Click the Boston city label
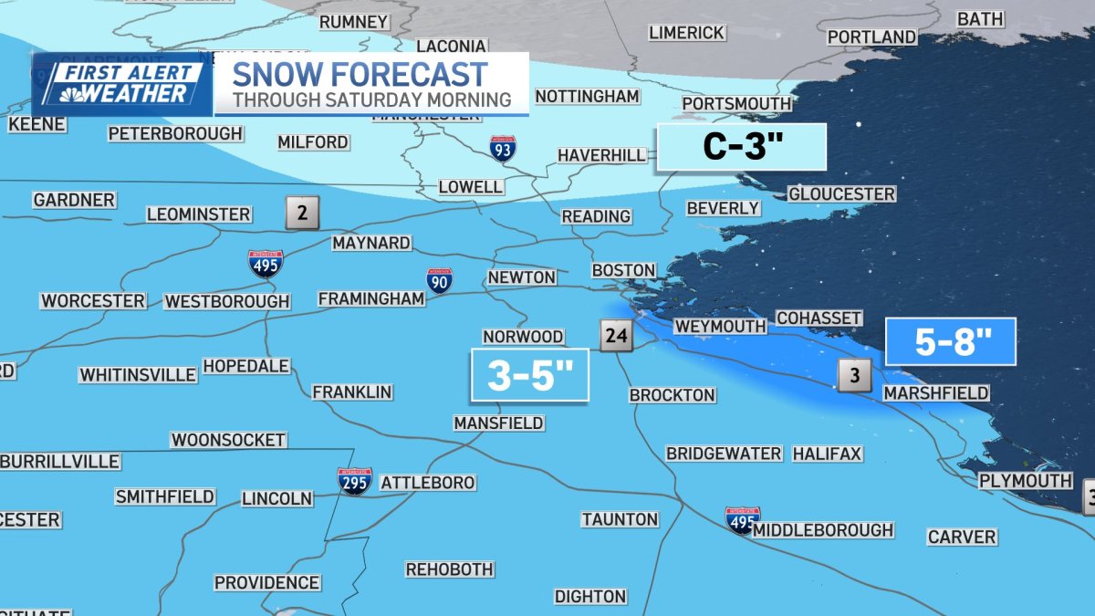[623, 270]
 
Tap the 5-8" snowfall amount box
[951, 343]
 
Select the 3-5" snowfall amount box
[529, 375]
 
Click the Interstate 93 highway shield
[502, 148]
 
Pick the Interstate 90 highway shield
[439, 281]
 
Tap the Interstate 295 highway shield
[354, 481]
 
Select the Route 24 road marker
[616, 336]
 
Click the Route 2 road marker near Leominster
[302, 213]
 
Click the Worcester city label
[93, 300]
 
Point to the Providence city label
[266, 582]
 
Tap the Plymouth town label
[1025, 480]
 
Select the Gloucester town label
[841, 194]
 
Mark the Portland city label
[871, 37]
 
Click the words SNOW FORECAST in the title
[360, 73]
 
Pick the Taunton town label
[620, 519]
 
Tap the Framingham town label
[370, 298]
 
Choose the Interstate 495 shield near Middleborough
[743, 520]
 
